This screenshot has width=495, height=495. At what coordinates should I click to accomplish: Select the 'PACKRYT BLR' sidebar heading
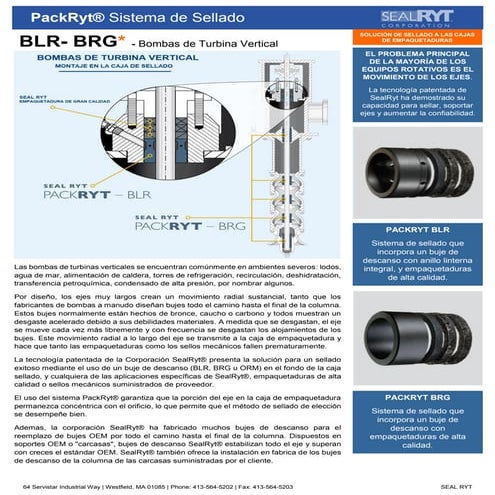point(417,230)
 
